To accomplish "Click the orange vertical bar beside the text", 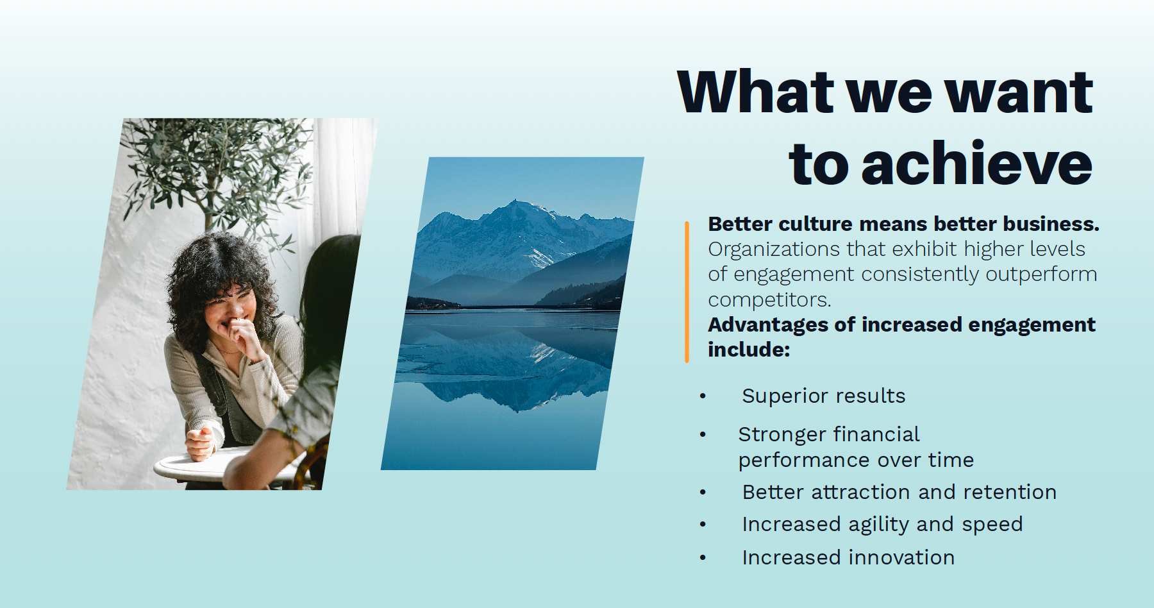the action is pos(687,292).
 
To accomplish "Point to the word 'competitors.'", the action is pos(769,300).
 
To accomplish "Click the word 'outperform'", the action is pos(1041,274).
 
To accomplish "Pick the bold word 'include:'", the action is pos(749,350).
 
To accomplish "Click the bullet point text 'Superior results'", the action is pos(824,396).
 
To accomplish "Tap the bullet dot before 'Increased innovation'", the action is pos(703,558).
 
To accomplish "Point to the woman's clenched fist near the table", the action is pos(200,443).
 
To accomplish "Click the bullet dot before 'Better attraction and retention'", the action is pos(703,493).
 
